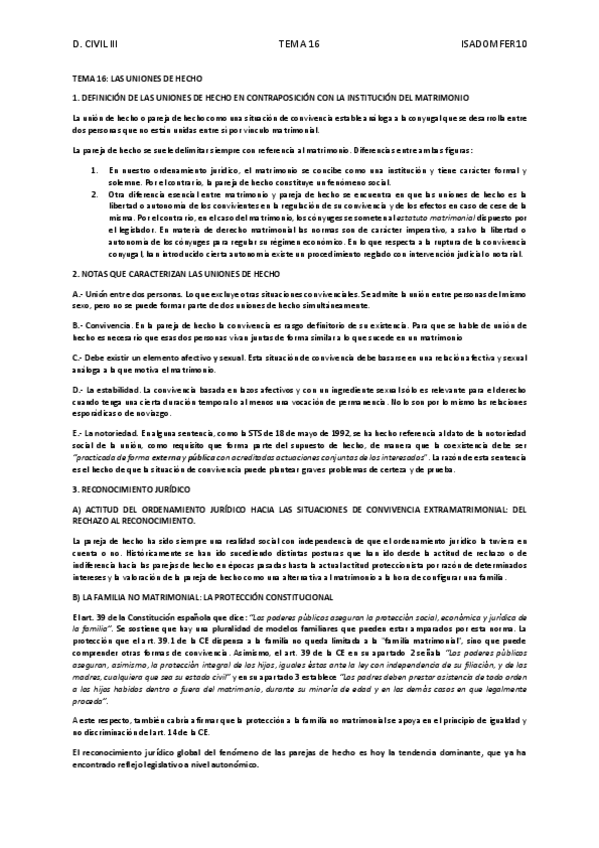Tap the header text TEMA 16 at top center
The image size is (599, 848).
[298, 44]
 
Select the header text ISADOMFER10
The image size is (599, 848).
[495, 44]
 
